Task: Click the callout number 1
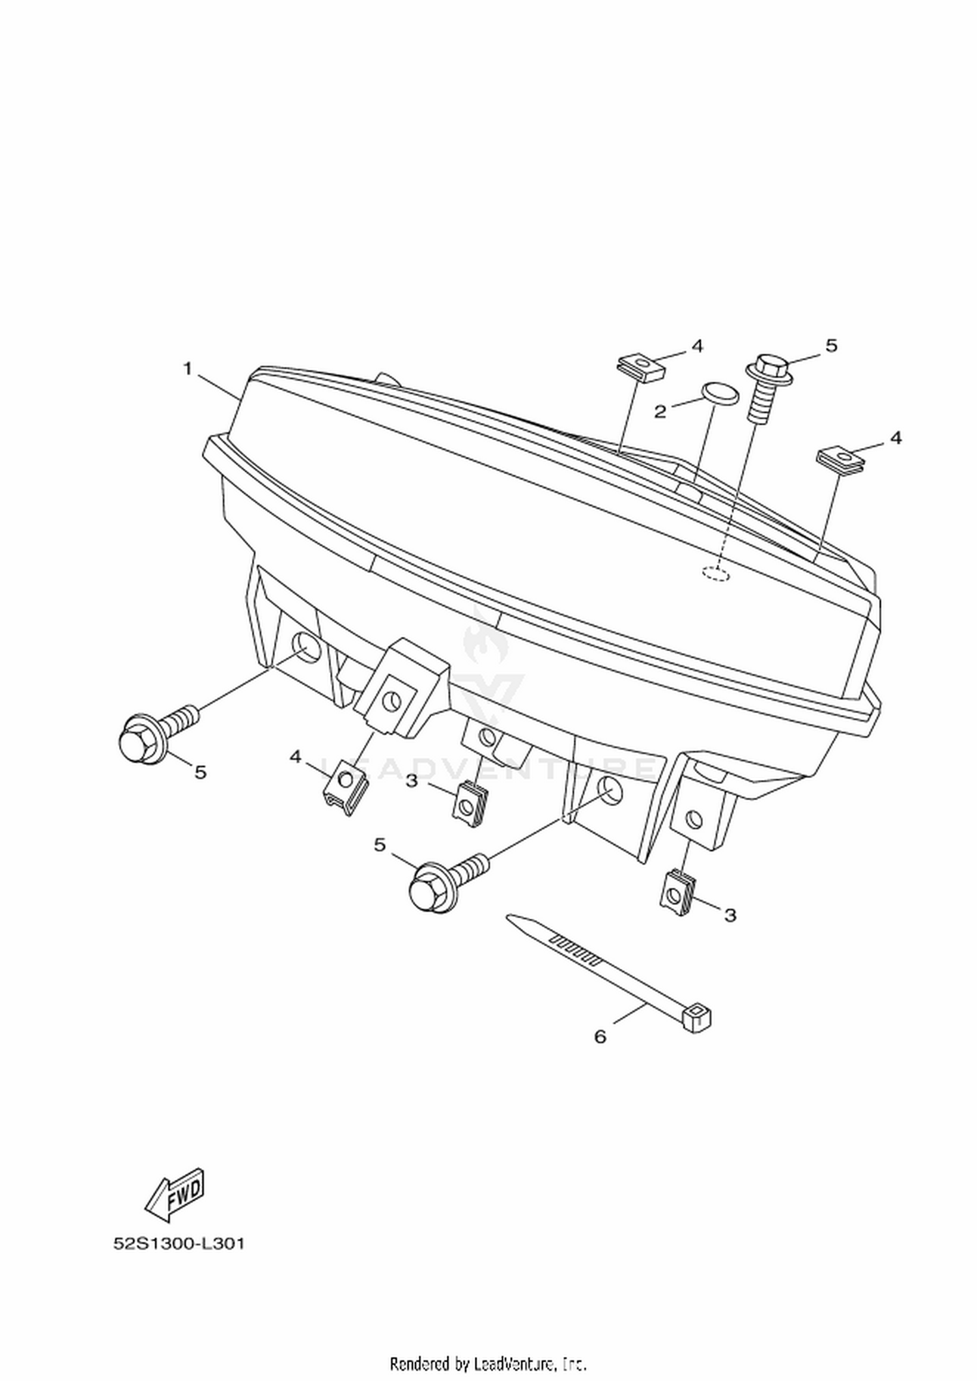(188, 369)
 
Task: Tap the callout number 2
(660, 412)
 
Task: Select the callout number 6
(600, 1037)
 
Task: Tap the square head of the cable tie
(698, 1018)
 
